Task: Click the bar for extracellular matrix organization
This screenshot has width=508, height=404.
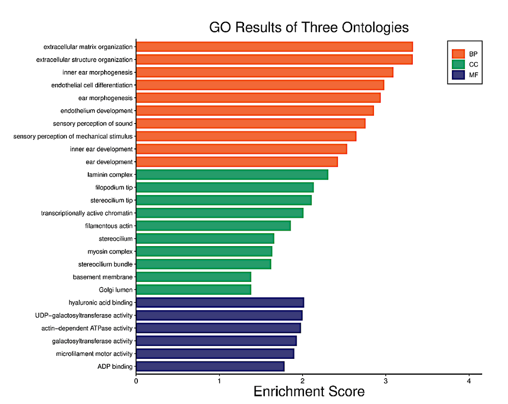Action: tap(274, 47)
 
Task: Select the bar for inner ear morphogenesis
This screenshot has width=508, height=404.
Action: tap(264, 72)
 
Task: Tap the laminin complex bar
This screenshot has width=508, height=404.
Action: tap(232, 175)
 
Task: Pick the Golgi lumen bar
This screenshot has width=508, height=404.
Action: tap(193, 289)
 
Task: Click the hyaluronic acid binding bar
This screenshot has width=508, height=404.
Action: tap(220, 302)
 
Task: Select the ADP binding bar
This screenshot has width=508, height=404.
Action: tap(210, 367)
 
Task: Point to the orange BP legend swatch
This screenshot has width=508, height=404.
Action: tap(458, 54)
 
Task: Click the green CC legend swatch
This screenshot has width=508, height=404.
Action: tap(458, 65)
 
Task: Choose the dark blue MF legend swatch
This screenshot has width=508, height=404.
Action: tap(458, 75)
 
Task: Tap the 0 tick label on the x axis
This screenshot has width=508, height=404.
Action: tap(136, 381)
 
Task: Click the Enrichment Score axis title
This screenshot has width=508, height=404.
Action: tap(309, 392)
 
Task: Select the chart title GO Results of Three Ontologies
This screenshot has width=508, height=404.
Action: tap(309, 27)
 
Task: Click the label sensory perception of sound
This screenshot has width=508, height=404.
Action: tap(93, 124)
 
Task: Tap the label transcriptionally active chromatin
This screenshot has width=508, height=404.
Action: tap(87, 213)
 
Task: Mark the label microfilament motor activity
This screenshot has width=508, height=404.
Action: tap(94, 354)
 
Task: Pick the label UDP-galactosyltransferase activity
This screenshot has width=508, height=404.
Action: tap(84, 315)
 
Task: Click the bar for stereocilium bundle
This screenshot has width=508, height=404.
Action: tap(203, 264)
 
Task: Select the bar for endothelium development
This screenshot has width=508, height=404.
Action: tap(254, 111)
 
